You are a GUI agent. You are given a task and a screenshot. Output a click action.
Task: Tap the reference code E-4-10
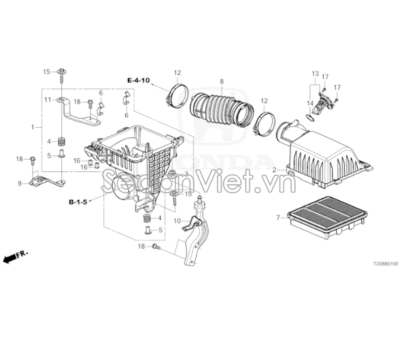[139, 80]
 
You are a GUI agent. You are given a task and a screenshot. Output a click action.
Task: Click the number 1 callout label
[32, 126]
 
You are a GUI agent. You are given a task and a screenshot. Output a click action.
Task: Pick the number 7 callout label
[278, 217]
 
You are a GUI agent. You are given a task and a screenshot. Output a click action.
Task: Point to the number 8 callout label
[222, 81]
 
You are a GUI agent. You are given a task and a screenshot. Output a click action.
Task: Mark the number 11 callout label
[48, 99]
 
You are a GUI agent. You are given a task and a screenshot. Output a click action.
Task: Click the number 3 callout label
[187, 174]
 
